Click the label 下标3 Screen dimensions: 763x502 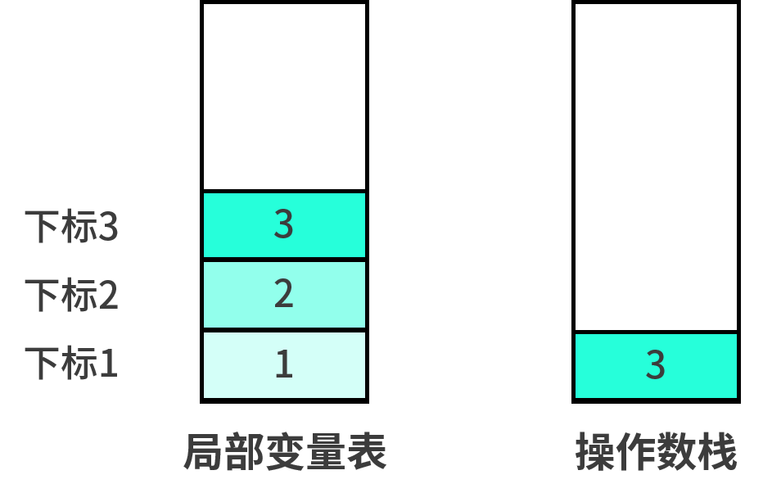[x=71, y=226]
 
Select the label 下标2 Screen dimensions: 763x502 [x=71, y=295]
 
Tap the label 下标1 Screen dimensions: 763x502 [x=71, y=364]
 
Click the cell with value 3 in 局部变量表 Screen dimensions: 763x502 [x=284, y=225]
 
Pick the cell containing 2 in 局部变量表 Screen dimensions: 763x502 [x=284, y=295]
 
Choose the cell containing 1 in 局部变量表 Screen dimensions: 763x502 [x=284, y=364]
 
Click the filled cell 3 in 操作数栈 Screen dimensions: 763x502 [x=656, y=366]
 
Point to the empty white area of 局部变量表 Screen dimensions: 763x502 [x=284, y=97]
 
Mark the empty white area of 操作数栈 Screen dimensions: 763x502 [x=656, y=167]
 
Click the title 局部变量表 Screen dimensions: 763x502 [x=285, y=452]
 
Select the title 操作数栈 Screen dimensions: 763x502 [x=657, y=452]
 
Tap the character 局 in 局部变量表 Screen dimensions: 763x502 [x=204, y=452]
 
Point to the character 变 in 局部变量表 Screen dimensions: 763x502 [x=286, y=452]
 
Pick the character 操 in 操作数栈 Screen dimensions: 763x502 [x=596, y=452]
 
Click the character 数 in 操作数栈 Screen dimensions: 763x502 [x=677, y=452]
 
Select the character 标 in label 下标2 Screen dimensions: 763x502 [x=79, y=295]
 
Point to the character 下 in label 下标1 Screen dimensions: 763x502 [x=43, y=364]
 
